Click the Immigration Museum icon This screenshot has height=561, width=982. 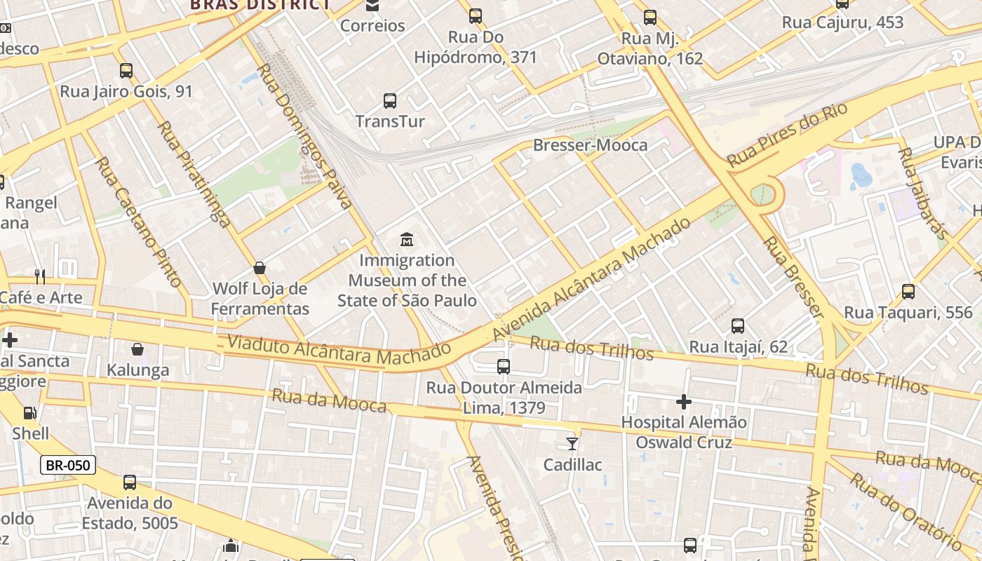(407, 240)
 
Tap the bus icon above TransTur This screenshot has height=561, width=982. (390, 101)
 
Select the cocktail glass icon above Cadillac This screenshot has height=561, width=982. (572, 443)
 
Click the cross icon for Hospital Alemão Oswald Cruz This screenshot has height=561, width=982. (684, 402)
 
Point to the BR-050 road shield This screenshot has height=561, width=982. (67, 465)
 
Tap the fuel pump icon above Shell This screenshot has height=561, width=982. (29, 413)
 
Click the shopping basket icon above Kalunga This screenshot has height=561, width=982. (137, 349)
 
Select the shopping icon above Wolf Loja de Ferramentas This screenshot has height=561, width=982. (260, 268)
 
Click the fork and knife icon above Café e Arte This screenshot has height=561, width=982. (40, 277)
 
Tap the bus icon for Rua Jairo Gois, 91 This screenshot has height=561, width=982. (126, 71)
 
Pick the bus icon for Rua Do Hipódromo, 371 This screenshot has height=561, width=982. (476, 16)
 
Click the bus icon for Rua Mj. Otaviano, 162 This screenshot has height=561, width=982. (650, 18)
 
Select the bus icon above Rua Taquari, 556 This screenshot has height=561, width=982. (908, 292)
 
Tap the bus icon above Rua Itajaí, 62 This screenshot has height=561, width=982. (738, 326)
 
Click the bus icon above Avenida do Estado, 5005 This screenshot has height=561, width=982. (130, 482)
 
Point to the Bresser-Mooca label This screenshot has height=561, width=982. (590, 145)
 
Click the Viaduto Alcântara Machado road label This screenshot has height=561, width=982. (339, 350)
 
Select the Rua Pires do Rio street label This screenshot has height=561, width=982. (787, 135)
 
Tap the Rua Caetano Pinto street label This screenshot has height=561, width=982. (138, 221)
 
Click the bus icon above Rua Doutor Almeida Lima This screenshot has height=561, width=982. (504, 367)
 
